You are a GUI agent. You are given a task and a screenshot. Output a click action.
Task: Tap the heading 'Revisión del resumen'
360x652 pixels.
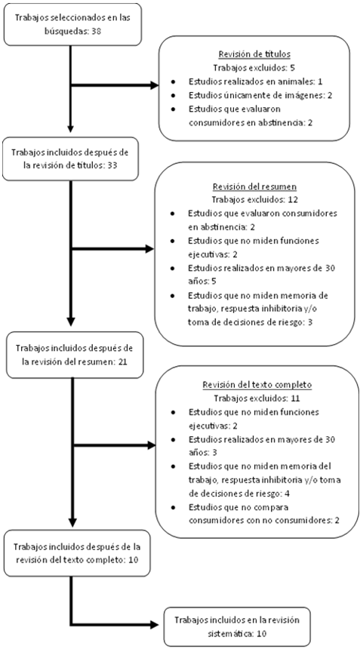pyautogui.click(x=251, y=186)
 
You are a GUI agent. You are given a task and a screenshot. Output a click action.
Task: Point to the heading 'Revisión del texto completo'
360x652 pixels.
pyautogui.click(x=257, y=385)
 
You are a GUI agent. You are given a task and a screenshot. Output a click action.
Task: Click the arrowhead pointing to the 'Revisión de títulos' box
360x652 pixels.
pyautogui.click(x=154, y=86)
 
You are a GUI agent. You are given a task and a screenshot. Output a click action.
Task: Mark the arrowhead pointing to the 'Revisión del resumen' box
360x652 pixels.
pyautogui.click(x=149, y=250)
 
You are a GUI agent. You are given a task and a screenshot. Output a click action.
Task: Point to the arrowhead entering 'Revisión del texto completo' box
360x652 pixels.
pyautogui.click(x=150, y=446)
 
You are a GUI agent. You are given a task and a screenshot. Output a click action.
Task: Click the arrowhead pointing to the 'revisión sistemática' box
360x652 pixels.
pyautogui.click(x=154, y=624)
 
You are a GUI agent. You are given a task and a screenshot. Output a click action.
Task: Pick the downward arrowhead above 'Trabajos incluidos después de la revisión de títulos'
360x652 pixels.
pyautogui.click(x=71, y=128)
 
